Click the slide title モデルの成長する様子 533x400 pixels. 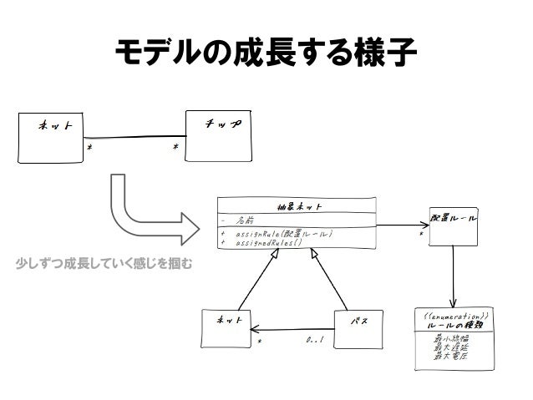tap(266, 56)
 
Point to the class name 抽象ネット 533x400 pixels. tap(299, 206)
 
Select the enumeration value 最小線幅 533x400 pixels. tap(451, 338)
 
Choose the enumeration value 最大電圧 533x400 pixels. tap(451, 357)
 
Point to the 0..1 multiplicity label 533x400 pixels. tap(315, 341)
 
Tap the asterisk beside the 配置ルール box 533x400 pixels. tap(422, 235)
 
